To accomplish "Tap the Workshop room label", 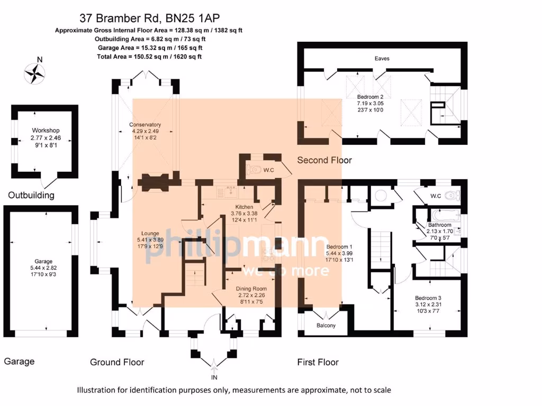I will click(x=46, y=130).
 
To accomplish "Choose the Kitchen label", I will click(x=244, y=207).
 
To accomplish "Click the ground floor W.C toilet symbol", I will click(x=254, y=170).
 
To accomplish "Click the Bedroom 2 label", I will click(x=374, y=97).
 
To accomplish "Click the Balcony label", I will click(x=326, y=326).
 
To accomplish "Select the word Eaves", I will click(x=382, y=58).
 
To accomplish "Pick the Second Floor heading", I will click(x=324, y=160).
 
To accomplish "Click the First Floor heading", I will click(x=318, y=362).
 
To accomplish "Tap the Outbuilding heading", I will click(x=31, y=195).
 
